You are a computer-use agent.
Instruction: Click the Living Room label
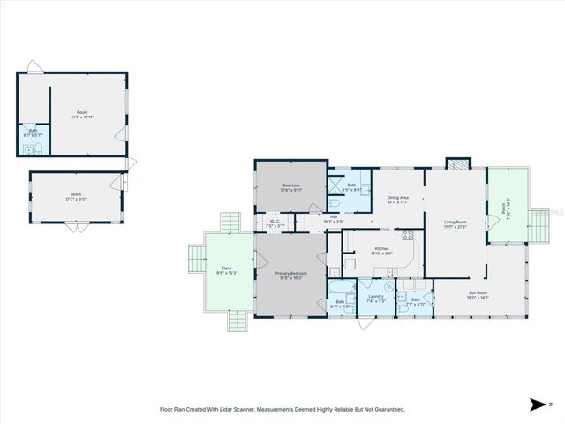pyautogui.click(x=456, y=223)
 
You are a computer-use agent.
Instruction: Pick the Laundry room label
pyautogui.click(x=375, y=298)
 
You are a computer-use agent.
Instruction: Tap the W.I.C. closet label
pyautogui.click(x=275, y=223)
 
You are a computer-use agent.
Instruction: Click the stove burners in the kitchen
pyautogui.click(x=408, y=235)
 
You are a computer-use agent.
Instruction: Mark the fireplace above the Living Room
pyautogui.click(x=458, y=163)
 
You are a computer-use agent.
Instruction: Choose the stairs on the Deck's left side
pyautogui.click(x=196, y=260)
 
